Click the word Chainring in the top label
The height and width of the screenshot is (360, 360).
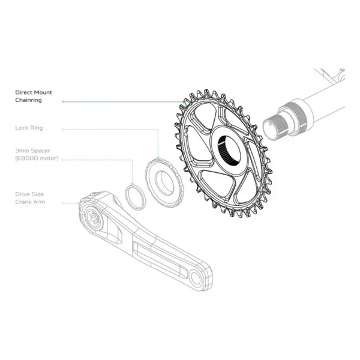(28, 100)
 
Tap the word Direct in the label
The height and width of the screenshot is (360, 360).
(23, 92)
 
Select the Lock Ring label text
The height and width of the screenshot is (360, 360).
(29, 128)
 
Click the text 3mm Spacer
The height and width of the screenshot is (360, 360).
(32, 151)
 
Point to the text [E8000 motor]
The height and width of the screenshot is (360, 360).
(37, 158)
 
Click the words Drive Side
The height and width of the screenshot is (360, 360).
(29, 194)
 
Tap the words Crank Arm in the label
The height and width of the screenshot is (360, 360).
(30, 202)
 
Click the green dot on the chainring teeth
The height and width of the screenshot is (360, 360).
(184, 101)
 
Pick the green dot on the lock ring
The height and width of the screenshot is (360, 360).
(158, 158)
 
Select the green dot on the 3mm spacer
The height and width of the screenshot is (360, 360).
(133, 184)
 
